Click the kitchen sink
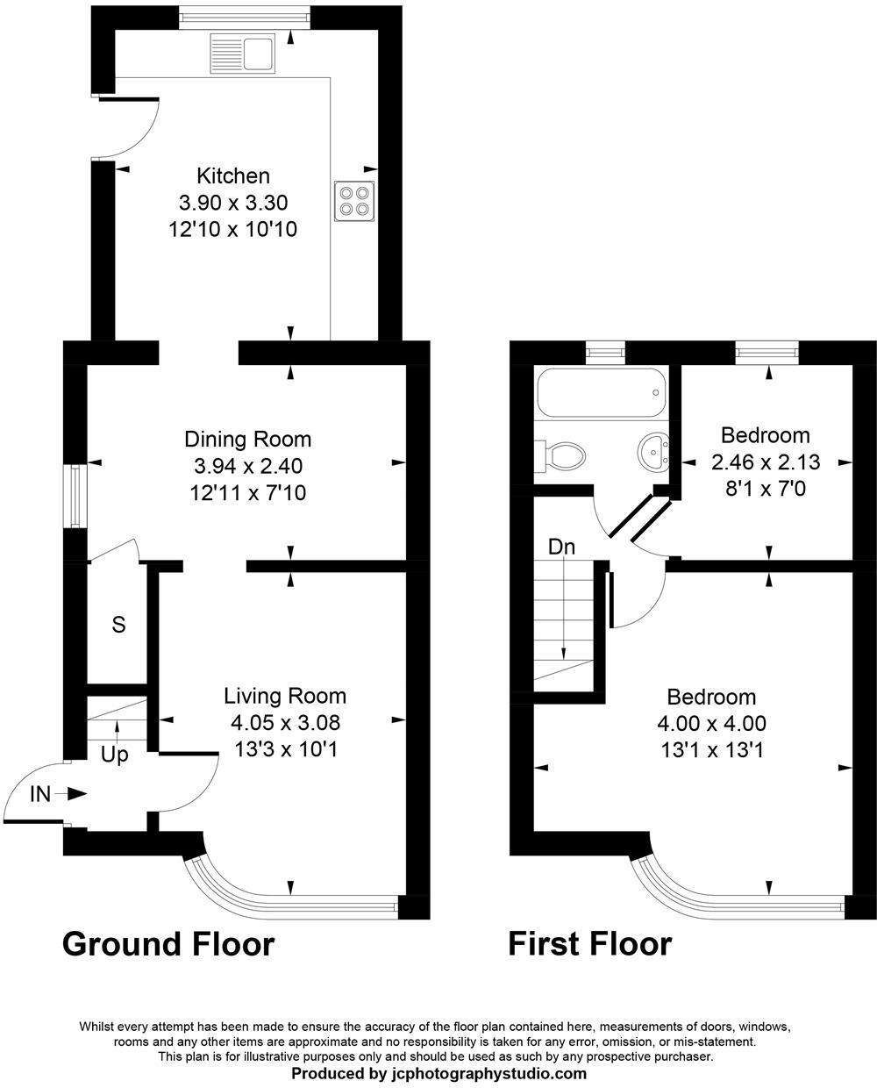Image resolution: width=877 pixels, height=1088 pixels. (x=243, y=54)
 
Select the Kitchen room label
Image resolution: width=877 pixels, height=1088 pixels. (x=233, y=175)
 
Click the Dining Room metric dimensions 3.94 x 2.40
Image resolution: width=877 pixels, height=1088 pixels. (x=247, y=466)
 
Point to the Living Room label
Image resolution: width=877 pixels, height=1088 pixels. (x=285, y=696)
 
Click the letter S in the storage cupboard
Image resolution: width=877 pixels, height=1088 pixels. (x=118, y=625)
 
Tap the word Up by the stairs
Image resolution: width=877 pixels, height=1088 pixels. (x=114, y=755)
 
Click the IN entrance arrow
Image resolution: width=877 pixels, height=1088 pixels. (x=70, y=794)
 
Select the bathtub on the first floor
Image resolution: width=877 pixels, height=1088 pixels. (x=601, y=394)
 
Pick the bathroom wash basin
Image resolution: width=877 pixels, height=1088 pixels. (x=653, y=452)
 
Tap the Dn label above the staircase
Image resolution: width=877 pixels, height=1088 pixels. (x=561, y=548)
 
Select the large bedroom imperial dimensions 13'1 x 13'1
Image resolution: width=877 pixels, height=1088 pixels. (x=711, y=751)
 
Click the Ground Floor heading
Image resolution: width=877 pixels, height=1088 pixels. (x=168, y=944)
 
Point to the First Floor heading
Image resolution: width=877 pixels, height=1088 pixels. (x=590, y=944)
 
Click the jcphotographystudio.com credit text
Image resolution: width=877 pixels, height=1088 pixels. (x=438, y=1073)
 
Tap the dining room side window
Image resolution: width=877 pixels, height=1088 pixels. (x=75, y=497)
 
